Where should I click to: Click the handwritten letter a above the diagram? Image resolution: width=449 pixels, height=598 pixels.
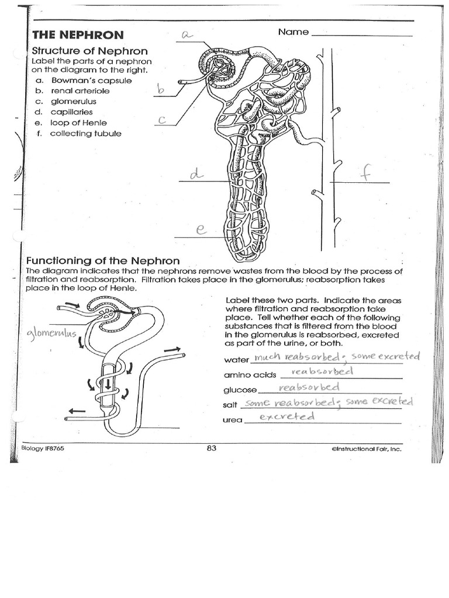187,34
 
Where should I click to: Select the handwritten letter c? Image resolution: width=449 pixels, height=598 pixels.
163,120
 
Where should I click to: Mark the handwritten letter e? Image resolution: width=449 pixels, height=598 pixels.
201,230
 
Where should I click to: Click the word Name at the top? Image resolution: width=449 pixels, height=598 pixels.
293,32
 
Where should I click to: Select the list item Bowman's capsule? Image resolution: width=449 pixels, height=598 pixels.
91,81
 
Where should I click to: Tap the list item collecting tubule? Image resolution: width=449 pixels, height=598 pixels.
85,133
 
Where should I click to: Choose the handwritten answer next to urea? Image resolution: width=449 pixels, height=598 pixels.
286,416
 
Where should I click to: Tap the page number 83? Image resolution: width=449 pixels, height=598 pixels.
212,448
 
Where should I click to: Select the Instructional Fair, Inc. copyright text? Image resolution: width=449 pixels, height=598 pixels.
366,449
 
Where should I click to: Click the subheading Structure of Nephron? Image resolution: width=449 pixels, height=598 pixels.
89,51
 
